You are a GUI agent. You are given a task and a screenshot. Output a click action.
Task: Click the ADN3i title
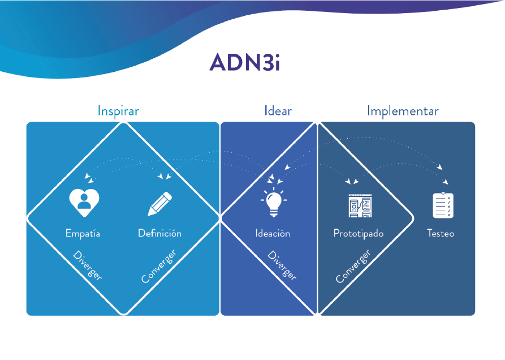point(244,62)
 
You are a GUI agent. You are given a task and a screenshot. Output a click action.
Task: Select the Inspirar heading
point(118,110)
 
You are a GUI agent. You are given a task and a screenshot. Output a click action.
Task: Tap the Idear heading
point(278,110)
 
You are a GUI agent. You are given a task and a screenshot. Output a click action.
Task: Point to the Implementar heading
point(403,110)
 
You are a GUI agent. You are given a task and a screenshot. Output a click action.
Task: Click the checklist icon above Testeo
point(443,205)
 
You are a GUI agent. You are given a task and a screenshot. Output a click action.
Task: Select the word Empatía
point(83,233)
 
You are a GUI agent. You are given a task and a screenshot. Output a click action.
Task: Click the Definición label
point(159,233)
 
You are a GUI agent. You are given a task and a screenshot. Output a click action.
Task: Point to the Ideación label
point(273,233)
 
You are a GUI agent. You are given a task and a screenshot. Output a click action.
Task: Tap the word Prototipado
point(359,233)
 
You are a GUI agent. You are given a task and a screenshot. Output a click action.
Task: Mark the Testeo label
point(441,233)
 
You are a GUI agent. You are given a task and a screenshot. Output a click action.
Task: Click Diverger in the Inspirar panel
point(88,265)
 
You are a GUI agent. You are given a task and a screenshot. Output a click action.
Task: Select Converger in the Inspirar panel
point(159,265)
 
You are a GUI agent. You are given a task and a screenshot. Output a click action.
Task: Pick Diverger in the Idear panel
point(282,265)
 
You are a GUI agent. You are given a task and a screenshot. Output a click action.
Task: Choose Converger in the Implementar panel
point(353,266)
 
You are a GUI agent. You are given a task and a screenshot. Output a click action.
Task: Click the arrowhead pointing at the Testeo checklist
point(446,182)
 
